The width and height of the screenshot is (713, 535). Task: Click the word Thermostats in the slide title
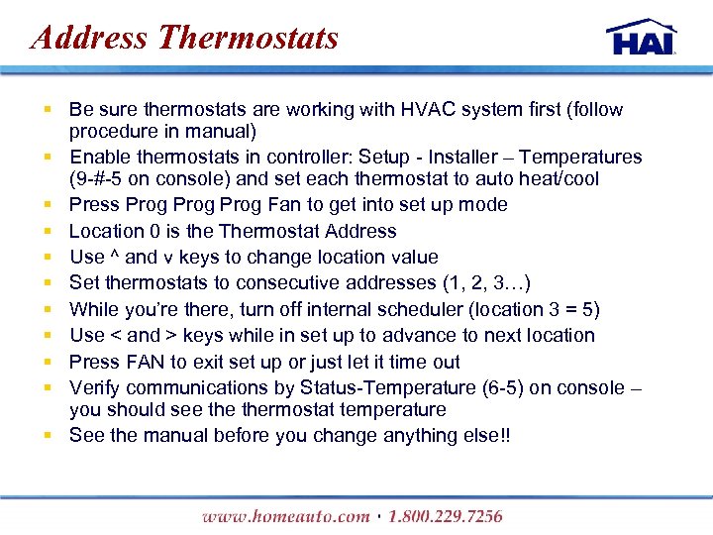tap(248, 38)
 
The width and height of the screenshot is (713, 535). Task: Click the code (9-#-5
tap(101, 179)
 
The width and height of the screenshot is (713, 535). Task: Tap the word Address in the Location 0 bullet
tap(356, 231)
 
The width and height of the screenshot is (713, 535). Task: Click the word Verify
tap(95, 387)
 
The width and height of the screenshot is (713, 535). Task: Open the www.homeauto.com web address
tap(284, 516)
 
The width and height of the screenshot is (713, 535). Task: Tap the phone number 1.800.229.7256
tap(446, 516)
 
